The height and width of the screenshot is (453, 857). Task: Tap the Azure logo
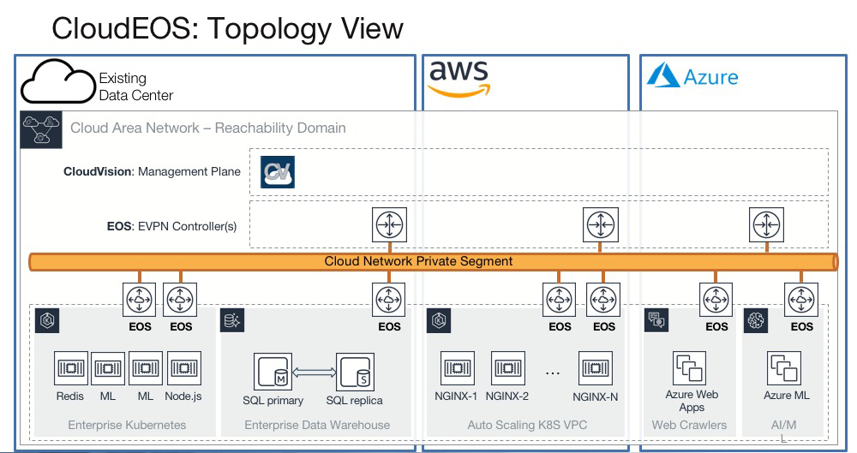point(692,76)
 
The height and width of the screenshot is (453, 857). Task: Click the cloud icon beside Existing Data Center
point(57,83)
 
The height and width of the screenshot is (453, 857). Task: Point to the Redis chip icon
point(70,368)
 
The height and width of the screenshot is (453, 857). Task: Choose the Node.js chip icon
point(183,368)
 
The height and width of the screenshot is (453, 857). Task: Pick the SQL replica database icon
point(354,371)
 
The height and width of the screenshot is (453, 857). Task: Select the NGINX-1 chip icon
point(458,368)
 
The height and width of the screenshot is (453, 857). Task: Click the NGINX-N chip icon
point(596,368)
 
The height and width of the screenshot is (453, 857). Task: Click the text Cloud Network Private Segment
point(418,261)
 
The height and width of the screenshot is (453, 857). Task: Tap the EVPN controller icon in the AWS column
point(599,224)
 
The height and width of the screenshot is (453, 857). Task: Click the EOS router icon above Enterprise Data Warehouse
point(389,301)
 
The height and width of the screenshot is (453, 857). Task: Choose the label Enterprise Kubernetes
point(127,425)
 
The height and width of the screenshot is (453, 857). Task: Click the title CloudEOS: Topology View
point(227,28)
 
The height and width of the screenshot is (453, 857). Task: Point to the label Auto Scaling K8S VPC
point(528,425)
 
